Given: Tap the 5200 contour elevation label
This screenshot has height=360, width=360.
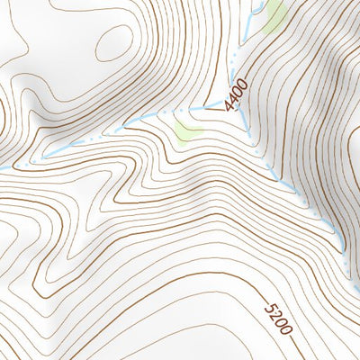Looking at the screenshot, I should (x=279, y=318).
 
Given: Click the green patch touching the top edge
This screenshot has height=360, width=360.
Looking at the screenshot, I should (x=274, y=13).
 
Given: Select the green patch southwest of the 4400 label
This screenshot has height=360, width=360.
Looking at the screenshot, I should (x=187, y=131).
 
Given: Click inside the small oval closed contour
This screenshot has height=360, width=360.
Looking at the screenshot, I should (x=114, y=40).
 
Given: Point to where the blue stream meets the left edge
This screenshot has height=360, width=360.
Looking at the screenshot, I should (x=3, y=167).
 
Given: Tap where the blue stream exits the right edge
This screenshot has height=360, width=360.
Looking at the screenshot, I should (x=356, y=288).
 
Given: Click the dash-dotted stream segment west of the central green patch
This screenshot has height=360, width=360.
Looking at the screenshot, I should (x=90, y=140).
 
